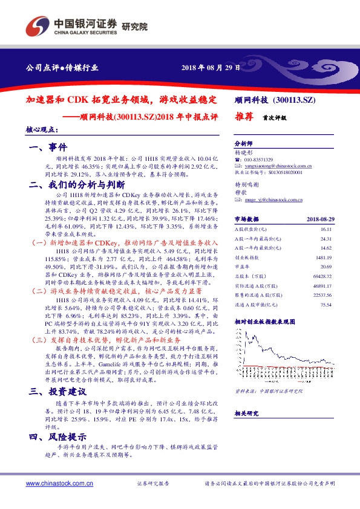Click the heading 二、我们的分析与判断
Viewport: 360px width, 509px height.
click(76, 184)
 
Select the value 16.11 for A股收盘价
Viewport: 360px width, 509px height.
click(327, 230)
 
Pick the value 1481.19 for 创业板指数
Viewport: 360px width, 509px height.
click(324, 257)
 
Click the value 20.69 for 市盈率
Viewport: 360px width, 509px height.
click(327, 265)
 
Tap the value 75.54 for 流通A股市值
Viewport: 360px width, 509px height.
click(327, 305)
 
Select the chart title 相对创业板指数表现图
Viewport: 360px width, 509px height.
click(265, 322)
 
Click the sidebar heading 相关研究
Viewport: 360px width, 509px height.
click(247, 413)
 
